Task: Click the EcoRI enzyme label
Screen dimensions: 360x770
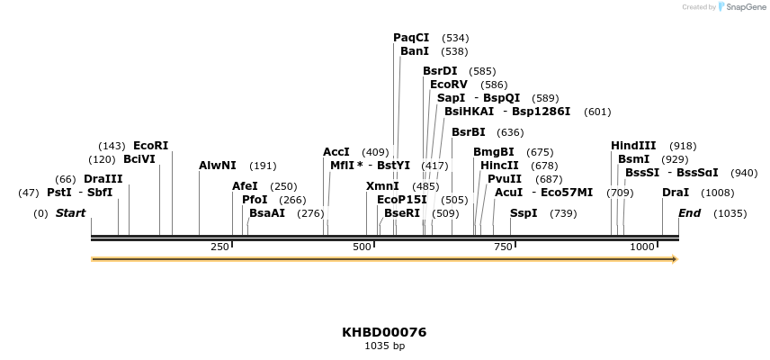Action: coord(150,146)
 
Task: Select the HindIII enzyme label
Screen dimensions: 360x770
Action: coord(633,146)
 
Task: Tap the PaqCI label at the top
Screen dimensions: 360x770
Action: coord(411,38)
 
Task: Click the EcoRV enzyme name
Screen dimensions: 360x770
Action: coord(448,85)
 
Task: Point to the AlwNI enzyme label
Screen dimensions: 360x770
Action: coord(218,166)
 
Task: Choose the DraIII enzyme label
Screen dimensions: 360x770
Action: coord(103,179)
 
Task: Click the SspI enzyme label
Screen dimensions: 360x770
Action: coord(524,213)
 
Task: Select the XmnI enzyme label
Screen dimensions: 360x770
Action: coord(382,186)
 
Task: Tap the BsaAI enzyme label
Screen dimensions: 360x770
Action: coord(267,213)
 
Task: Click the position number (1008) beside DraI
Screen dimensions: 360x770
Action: coord(717,193)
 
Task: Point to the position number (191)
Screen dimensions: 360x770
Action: coord(263,166)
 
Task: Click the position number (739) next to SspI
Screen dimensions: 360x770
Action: coord(563,213)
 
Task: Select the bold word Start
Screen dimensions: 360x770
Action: coord(71,213)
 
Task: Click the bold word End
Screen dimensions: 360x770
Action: coord(689,213)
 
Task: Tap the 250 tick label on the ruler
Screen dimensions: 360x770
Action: coord(219,247)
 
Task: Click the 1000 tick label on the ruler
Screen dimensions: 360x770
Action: coord(642,247)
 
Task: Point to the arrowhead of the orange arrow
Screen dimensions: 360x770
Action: coord(673,259)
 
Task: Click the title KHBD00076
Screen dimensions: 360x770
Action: coord(384,332)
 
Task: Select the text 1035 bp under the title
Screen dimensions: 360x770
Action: coord(384,346)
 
